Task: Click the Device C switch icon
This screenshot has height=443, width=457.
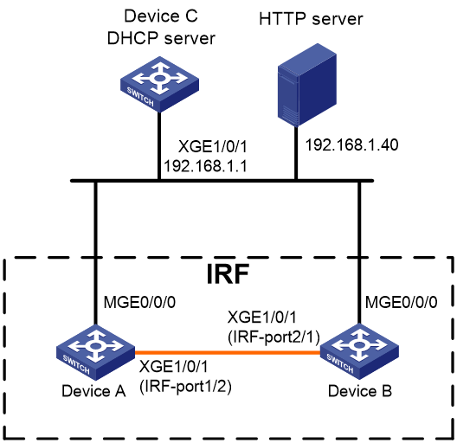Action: click(x=159, y=84)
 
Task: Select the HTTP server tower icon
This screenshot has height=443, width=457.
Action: click(x=307, y=85)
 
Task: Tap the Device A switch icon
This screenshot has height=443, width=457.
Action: click(x=95, y=352)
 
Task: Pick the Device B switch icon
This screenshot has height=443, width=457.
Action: click(x=359, y=351)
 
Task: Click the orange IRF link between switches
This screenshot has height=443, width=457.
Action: click(x=228, y=352)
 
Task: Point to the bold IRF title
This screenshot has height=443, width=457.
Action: click(x=228, y=273)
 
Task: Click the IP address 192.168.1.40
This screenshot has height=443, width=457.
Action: click(x=351, y=144)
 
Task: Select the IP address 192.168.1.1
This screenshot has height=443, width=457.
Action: click(x=205, y=166)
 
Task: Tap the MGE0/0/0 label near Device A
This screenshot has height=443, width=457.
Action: click(x=139, y=302)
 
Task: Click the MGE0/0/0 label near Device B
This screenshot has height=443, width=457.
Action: click(x=402, y=302)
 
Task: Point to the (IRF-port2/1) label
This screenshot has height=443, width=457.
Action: click(x=274, y=337)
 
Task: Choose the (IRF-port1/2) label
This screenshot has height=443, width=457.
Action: click(x=185, y=387)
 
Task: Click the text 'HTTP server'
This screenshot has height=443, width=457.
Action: click(x=311, y=19)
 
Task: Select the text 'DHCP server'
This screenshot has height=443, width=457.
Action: click(x=161, y=38)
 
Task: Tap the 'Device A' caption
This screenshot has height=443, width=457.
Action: click(x=93, y=391)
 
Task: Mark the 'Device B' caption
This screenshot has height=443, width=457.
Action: click(x=360, y=391)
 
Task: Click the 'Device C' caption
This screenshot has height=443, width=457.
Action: click(x=161, y=16)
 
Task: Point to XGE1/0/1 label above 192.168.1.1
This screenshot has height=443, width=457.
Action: click(x=213, y=146)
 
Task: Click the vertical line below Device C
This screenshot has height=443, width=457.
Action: click(x=159, y=145)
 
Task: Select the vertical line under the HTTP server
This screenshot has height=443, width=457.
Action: click(x=296, y=153)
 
